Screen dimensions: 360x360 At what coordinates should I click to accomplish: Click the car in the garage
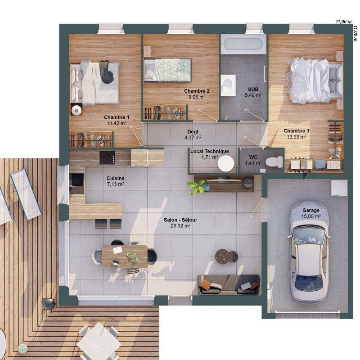309,252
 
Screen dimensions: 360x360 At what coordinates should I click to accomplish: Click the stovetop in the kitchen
107,157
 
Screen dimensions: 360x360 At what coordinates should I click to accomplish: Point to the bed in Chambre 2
167,70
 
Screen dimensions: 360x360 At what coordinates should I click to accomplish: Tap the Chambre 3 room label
296,130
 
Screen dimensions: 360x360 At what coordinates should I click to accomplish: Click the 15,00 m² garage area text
311,216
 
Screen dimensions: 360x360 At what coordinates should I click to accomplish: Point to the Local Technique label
209,151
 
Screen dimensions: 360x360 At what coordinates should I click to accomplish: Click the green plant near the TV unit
197,187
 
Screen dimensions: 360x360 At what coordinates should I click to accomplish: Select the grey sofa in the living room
229,284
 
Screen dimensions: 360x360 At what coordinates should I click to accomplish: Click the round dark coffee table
226,256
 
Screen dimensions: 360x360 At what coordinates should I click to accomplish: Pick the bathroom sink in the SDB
228,83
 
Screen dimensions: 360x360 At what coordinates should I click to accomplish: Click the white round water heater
225,163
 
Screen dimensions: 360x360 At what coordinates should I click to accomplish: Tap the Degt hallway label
193,131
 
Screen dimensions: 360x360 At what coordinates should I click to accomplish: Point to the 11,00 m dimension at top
343,21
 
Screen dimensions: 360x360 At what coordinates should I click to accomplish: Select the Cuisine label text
115,178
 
